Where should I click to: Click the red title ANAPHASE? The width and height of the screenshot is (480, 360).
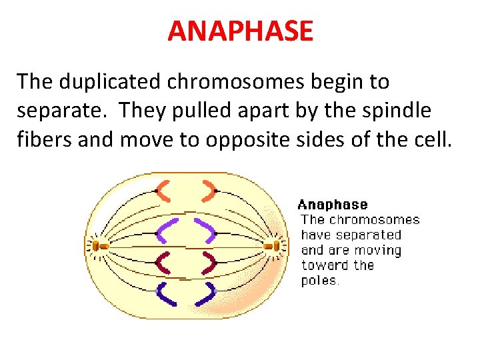tap(240, 31)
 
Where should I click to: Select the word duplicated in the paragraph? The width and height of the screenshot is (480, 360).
tap(124, 82)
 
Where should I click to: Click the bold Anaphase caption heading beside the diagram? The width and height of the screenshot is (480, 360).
tap(332, 205)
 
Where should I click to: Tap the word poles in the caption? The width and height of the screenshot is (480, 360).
tap(320, 281)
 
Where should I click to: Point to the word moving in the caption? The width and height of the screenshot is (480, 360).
tap(376, 250)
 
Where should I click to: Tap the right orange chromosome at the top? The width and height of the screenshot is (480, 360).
tap(211, 190)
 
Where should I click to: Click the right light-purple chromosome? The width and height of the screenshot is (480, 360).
tap(207, 230)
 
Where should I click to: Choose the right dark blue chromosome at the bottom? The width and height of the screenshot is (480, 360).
tap(209, 293)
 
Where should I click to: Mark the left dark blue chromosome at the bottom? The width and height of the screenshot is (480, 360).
tap(165, 294)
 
